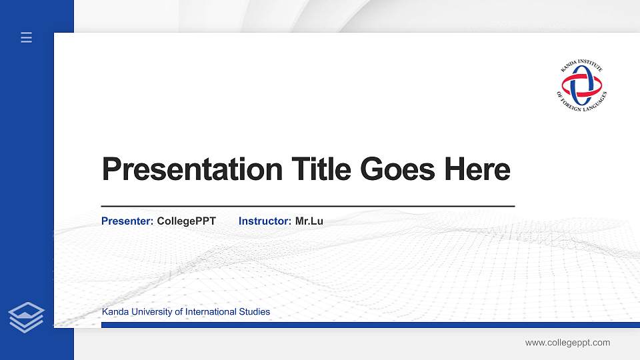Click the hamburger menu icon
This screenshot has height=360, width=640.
(x=27, y=37)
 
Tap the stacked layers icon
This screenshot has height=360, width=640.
(x=27, y=317)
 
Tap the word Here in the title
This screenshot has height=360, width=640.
(x=477, y=169)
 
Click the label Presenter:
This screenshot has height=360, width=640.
(x=127, y=221)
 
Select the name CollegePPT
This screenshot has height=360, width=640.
(x=187, y=221)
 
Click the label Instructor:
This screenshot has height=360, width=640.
(x=265, y=221)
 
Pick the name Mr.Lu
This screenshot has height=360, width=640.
(x=309, y=221)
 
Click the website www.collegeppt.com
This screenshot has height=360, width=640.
(x=567, y=343)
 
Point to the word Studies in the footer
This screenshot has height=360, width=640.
(x=255, y=312)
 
